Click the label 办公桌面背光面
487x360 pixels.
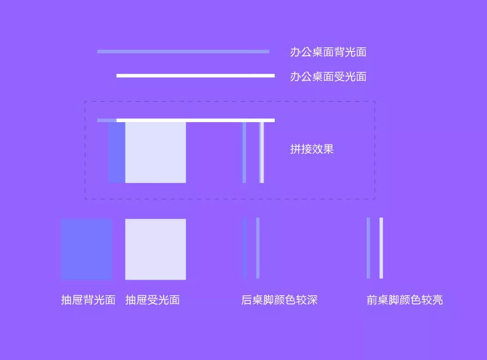tap(328, 52)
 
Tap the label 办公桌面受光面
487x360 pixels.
tap(328, 77)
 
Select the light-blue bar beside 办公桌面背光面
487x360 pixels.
tap(183, 51)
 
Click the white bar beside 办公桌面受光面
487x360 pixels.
tap(196, 76)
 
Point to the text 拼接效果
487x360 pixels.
tap(312, 149)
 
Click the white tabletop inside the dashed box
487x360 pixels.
tap(196, 120)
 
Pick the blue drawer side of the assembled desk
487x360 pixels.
tap(117, 152)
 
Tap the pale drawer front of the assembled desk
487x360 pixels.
tap(155, 152)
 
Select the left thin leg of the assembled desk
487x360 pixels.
tap(244, 152)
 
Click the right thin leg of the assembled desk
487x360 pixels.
tap(262, 152)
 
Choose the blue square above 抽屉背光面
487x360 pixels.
tap(86, 249)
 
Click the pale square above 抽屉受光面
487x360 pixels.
tap(155, 249)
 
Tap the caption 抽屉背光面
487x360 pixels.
tap(88, 300)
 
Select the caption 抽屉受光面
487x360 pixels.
tap(152, 300)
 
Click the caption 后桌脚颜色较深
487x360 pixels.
tap(280, 300)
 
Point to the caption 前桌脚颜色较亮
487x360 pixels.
tap(405, 300)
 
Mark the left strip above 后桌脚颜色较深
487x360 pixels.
tap(244, 248)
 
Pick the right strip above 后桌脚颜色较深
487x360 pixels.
tap(258, 248)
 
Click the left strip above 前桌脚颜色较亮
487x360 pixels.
tap(368, 248)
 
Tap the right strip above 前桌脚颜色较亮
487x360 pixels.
tap(381, 248)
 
